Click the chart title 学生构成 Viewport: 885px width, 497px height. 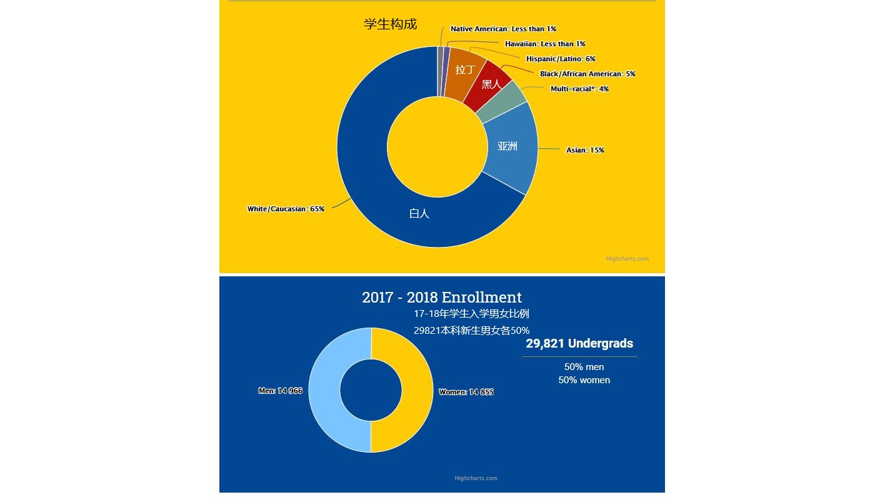click(x=390, y=24)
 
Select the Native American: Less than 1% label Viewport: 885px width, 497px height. click(x=503, y=29)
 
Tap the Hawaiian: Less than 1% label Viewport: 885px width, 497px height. click(x=545, y=44)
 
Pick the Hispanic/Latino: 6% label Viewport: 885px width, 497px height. click(x=561, y=59)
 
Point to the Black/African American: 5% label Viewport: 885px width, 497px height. click(x=587, y=74)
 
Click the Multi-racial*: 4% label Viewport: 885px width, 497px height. click(x=579, y=89)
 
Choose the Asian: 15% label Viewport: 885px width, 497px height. click(x=585, y=150)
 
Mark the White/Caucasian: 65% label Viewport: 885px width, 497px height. click(x=286, y=209)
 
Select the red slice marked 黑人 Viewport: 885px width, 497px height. click(x=491, y=84)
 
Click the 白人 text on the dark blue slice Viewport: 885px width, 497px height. click(x=419, y=213)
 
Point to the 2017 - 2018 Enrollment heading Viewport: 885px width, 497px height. click(x=442, y=298)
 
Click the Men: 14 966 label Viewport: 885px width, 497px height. click(x=280, y=391)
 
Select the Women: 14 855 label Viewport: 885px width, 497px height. click(x=466, y=392)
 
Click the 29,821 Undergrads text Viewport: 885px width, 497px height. click(x=579, y=344)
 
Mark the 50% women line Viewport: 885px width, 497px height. click(x=584, y=380)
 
